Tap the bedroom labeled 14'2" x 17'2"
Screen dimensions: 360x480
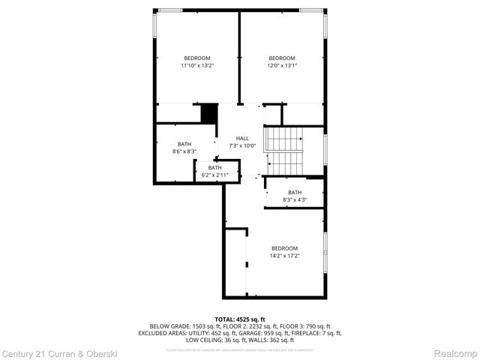tap(284, 252)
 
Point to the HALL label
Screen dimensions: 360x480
tap(242, 138)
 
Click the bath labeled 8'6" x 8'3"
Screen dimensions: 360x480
tap(184, 148)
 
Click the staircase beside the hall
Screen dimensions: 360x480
tap(283, 150)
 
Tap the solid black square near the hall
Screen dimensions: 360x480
tap(209, 113)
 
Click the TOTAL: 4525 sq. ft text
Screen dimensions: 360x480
tap(240, 319)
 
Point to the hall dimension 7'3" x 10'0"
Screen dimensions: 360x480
tap(242, 145)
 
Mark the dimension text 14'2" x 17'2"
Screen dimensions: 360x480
tap(284, 256)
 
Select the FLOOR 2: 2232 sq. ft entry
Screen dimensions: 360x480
tap(248, 326)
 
